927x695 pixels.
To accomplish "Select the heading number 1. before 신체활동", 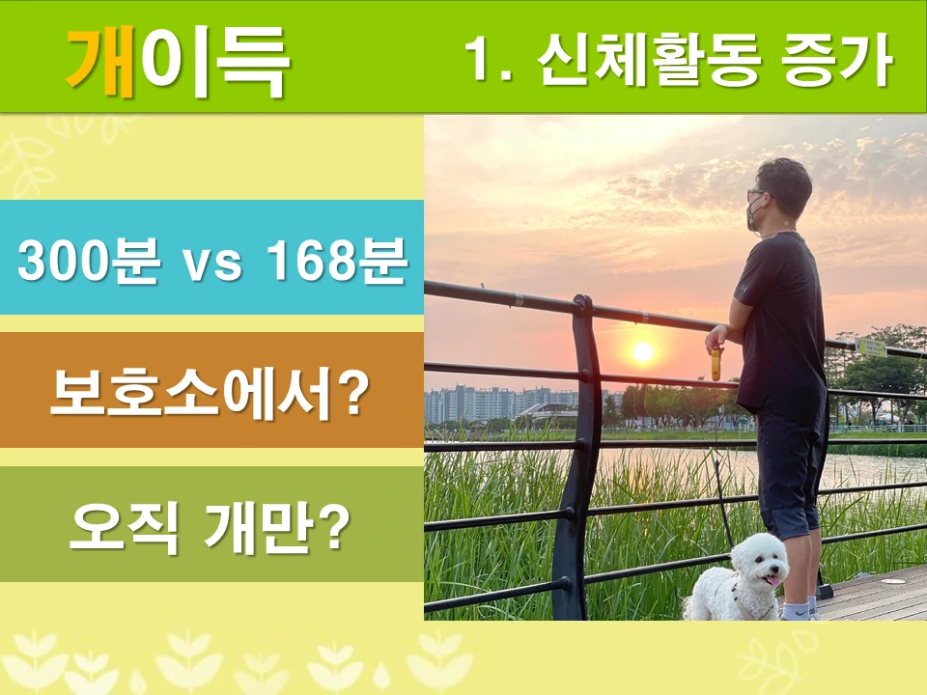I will point(487,60).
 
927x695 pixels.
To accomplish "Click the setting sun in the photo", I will point(642,351).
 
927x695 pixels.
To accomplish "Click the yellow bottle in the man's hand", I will point(716,364).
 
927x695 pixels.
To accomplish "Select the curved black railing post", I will point(580,454).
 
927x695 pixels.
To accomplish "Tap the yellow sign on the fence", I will point(871,347).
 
